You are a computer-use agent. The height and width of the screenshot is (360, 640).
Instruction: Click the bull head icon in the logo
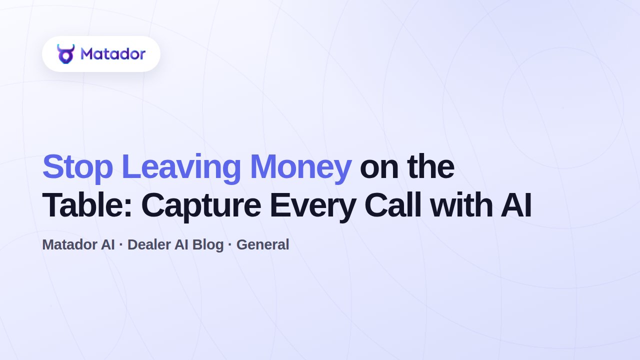point(65,53)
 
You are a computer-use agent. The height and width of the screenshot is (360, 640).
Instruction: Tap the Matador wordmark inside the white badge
point(113,54)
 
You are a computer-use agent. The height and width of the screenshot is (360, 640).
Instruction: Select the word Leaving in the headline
point(181,168)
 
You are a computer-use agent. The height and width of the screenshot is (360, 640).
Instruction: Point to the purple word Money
point(300,168)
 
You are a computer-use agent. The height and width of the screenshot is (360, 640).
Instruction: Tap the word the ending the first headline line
point(431,167)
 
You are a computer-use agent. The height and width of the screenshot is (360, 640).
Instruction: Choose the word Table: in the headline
point(87,205)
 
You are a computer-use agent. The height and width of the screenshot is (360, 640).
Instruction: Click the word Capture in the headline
point(201,207)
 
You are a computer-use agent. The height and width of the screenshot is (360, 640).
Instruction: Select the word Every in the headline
point(313,207)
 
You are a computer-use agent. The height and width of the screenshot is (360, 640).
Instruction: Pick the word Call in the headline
point(393,205)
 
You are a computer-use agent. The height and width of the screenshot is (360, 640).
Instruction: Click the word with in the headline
point(461,205)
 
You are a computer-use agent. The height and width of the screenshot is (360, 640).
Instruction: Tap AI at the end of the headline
point(516,205)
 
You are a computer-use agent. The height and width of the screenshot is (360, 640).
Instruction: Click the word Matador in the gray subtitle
point(69,245)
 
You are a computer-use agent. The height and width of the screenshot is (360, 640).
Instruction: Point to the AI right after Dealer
point(181,245)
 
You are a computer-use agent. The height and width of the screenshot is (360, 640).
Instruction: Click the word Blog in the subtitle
point(207,245)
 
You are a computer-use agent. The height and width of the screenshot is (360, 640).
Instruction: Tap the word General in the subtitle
point(263,245)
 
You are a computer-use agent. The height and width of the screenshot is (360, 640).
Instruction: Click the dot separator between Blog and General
point(230,245)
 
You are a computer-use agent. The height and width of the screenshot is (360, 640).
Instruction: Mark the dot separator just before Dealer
point(121,245)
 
